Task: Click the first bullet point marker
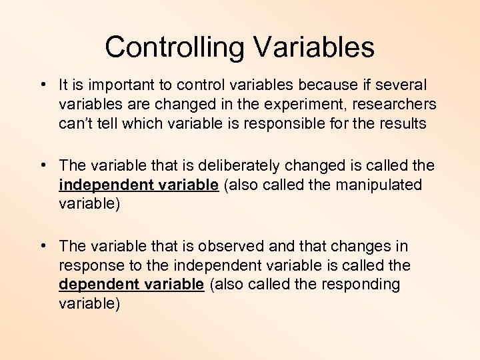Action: pyautogui.click(x=42, y=85)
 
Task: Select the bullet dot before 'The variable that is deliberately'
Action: pyautogui.click(x=42, y=164)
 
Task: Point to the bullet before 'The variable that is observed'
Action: pyautogui.click(x=42, y=246)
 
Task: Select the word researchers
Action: pyautogui.click(x=398, y=105)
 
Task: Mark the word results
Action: pyautogui.click(x=399, y=124)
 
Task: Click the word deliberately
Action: pyautogui.click(x=251, y=165)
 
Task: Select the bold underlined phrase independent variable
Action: pyautogui.click(x=139, y=185)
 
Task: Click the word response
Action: pyautogui.click(x=89, y=266)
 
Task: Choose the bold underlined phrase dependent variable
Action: pyautogui.click(x=131, y=285)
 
